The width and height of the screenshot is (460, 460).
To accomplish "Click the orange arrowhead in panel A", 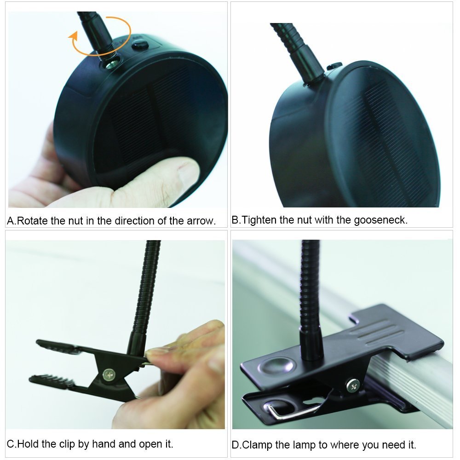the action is pyautogui.click(x=73, y=36).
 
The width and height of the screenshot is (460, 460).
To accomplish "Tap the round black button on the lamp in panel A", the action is pyautogui.click(x=140, y=45).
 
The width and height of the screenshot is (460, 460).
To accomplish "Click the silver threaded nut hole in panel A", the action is pyautogui.click(x=112, y=63).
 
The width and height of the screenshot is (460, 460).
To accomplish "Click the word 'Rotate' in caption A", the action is pyautogui.click(x=32, y=221).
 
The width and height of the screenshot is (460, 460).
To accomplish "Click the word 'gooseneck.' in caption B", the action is pyautogui.click(x=381, y=220).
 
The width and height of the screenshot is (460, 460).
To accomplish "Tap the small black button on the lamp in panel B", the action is pyautogui.click(x=334, y=66).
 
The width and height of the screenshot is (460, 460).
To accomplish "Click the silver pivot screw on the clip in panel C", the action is pyautogui.click(x=109, y=375).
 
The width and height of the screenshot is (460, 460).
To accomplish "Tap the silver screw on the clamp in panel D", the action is pyautogui.click(x=353, y=385).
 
